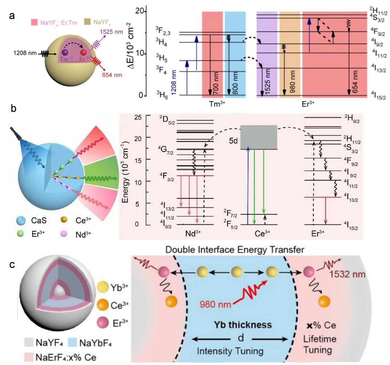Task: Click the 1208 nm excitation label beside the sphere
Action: point(25,53)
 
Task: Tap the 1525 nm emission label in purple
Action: point(111,32)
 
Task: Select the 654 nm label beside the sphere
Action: point(112,75)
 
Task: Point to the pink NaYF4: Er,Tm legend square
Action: point(34,22)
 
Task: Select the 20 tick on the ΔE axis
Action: point(140,11)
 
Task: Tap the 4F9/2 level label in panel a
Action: point(378,32)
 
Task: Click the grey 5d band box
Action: point(258,137)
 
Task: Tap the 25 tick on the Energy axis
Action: point(138,117)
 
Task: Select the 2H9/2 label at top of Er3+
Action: point(352,118)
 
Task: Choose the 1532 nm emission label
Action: point(347,274)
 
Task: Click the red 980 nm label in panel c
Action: point(216,304)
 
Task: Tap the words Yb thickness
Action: point(243,325)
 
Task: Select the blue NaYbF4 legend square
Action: point(72,343)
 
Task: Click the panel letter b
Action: point(14,108)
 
